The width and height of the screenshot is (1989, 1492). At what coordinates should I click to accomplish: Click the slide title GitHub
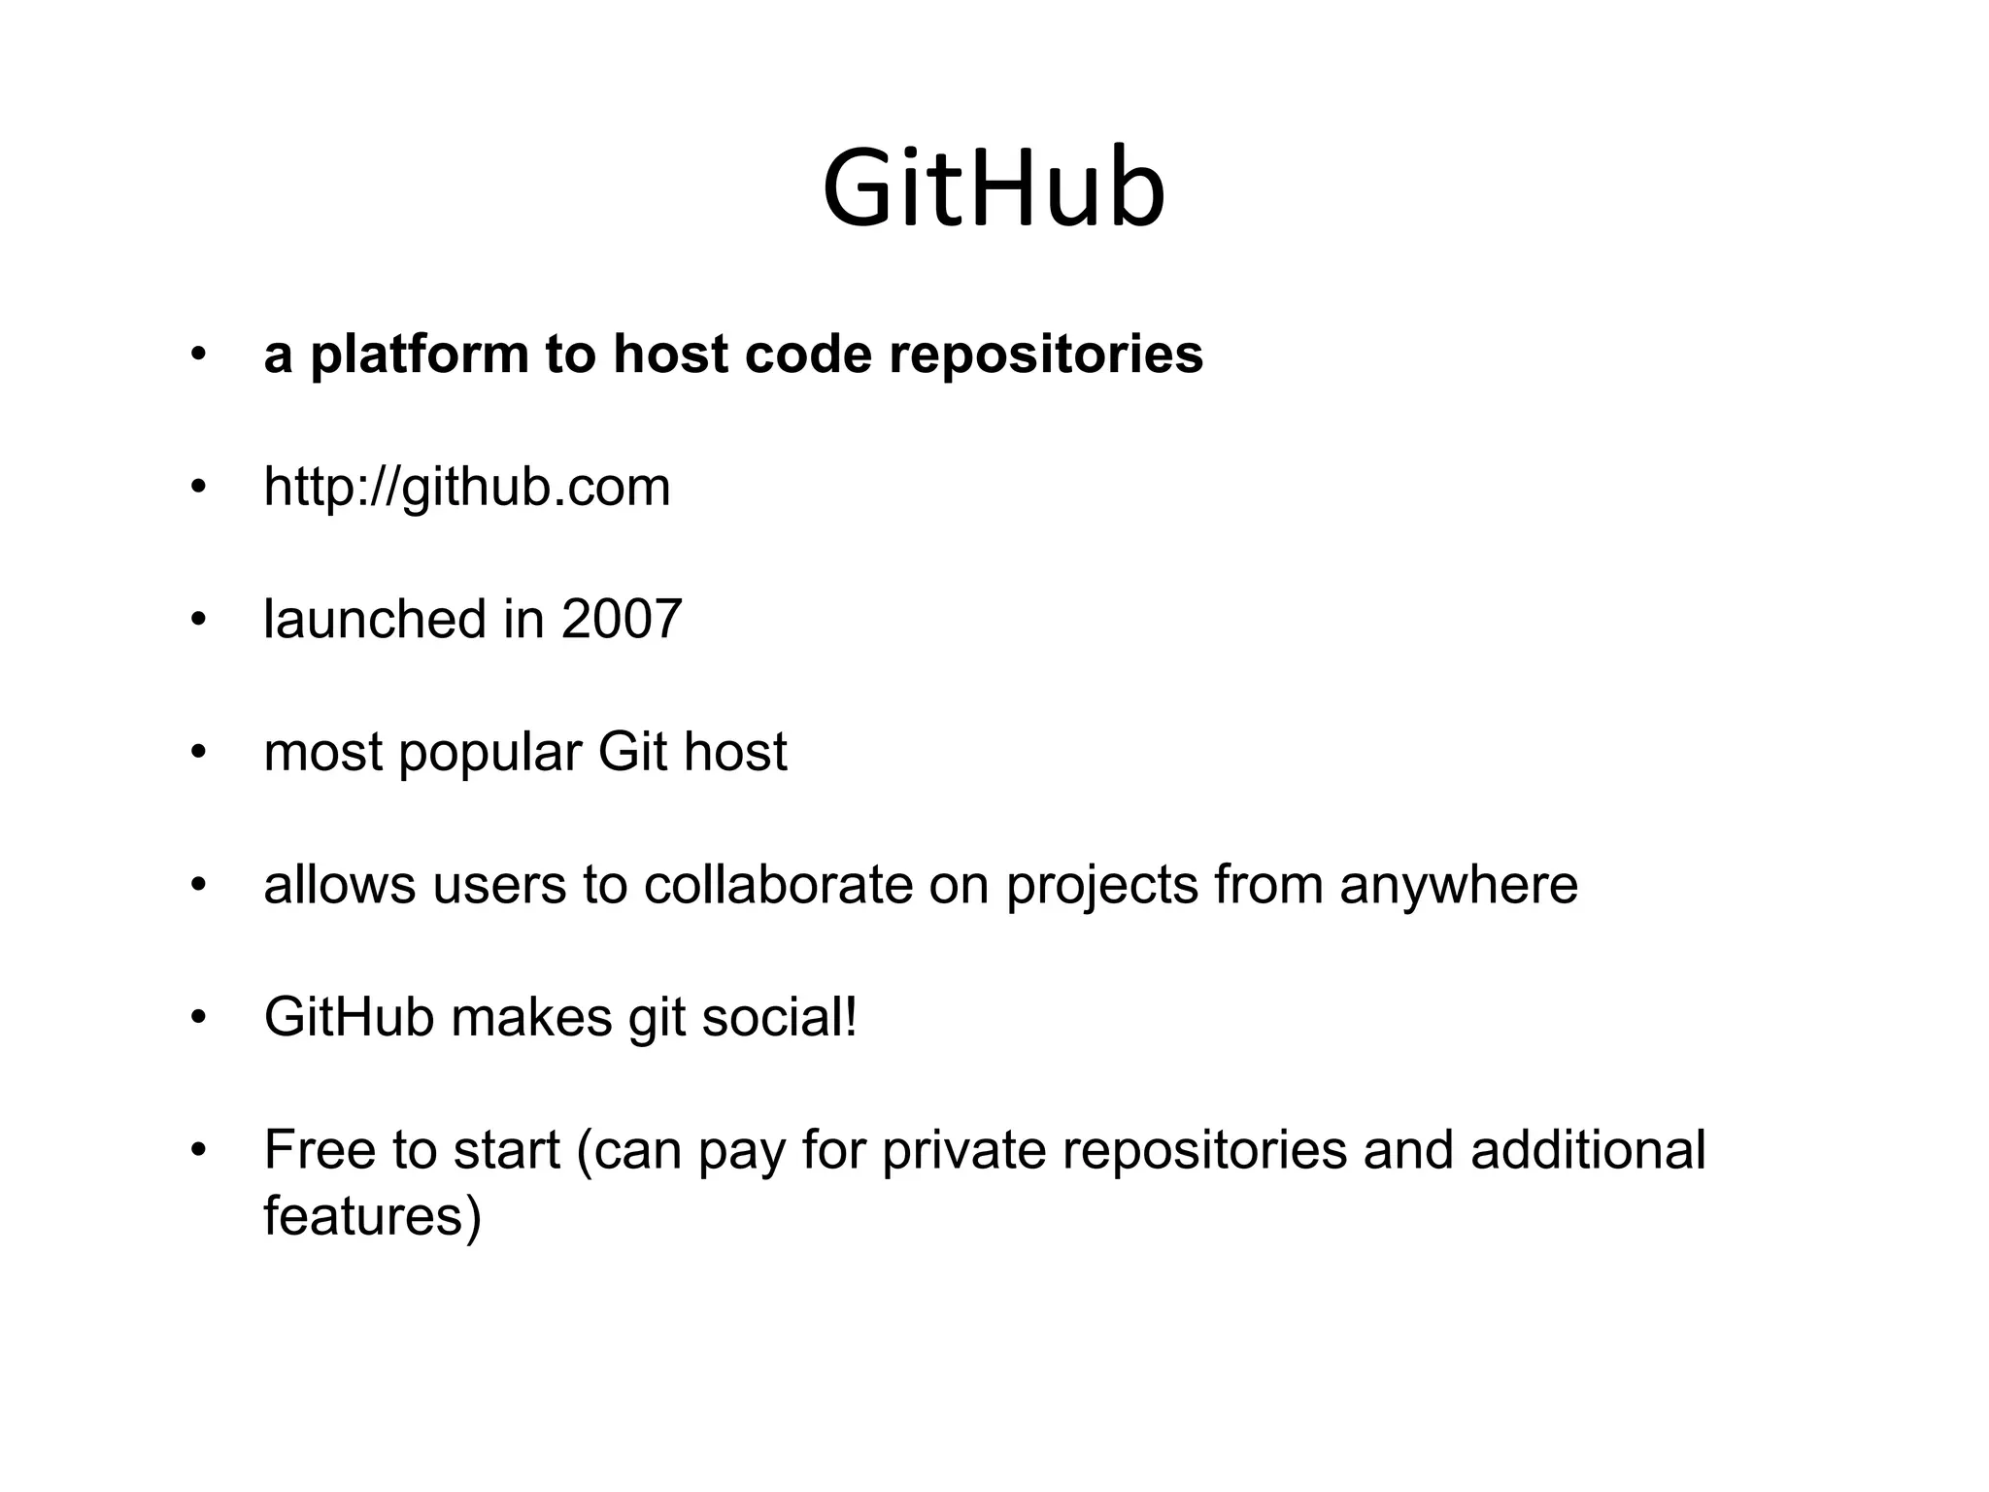pyautogui.click(x=993, y=188)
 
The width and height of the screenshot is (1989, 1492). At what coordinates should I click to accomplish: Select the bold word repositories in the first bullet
pyautogui.click(x=1046, y=356)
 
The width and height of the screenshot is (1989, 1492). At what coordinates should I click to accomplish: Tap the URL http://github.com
pyautogui.click(x=466, y=487)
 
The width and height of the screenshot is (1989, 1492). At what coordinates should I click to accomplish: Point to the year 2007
pyautogui.click(x=622, y=619)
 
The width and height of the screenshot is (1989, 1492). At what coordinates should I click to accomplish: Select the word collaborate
pyautogui.click(x=777, y=885)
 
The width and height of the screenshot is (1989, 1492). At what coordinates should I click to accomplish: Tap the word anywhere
pyautogui.click(x=1459, y=886)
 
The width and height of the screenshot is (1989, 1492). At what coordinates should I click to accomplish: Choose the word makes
pyautogui.click(x=531, y=1018)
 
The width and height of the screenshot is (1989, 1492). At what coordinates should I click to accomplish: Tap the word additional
pyautogui.click(x=1588, y=1150)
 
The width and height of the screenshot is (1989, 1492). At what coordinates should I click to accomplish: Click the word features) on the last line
pyautogui.click(x=372, y=1215)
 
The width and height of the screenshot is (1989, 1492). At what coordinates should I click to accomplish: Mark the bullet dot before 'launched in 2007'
pyautogui.click(x=199, y=620)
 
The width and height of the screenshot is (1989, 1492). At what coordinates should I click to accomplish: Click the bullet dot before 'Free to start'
pyautogui.click(x=199, y=1151)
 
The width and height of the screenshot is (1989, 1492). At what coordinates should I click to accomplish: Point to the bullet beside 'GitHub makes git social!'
pyautogui.click(x=199, y=1019)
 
